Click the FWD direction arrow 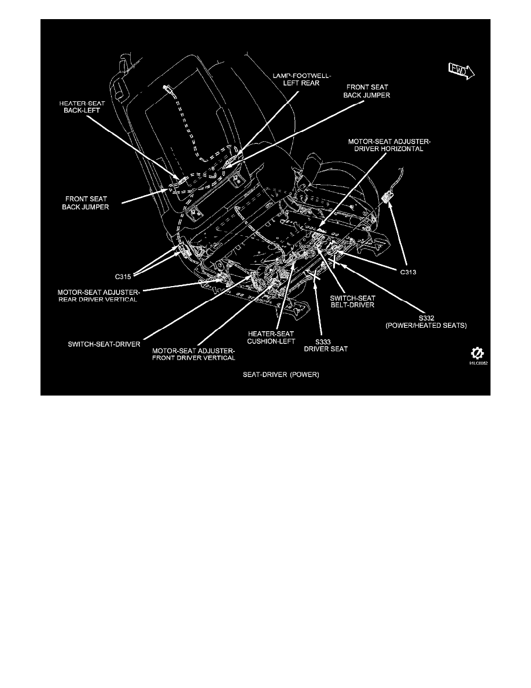[461, 71]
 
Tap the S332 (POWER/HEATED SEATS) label [440, 322]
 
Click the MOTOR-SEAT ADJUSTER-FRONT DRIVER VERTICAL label [194, 354]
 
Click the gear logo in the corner [478, 353]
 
